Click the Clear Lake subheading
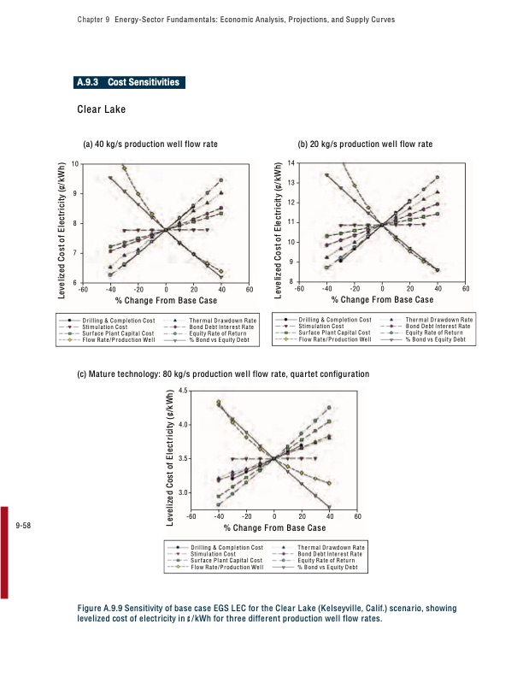tap(102, 109)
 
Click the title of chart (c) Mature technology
tap(223, 374)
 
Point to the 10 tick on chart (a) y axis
tap(75, 163)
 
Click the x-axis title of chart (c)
tap(274, 528)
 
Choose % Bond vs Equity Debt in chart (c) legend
tap(332, 568)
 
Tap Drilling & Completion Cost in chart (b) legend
tap(334, 320)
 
